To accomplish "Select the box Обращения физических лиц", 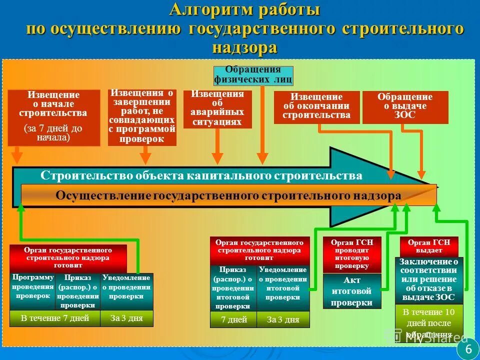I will [253, 74].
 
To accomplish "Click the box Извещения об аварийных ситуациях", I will [217, 108].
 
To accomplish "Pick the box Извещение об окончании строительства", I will [316, 106].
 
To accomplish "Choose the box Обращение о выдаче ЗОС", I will [405, 106].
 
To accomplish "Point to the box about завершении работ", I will [142, 117].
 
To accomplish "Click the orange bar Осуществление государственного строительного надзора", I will [228, 195].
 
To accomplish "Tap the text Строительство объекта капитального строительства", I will [201, 175].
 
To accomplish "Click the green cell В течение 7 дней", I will [55, 318].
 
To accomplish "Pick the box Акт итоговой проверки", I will [352, 291].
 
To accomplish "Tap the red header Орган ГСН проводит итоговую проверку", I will [351, 254].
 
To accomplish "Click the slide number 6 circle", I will [468, 349].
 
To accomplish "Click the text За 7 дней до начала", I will [53, 132].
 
